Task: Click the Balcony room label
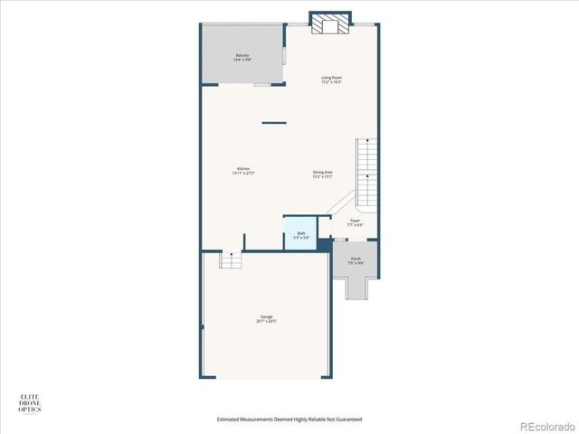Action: pos(242,55)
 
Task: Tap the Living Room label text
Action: pos(331,78)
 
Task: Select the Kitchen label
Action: pos(243,169)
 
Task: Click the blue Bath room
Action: pos(300,233)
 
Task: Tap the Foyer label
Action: pos(356,220)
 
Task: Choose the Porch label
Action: pos(356,259)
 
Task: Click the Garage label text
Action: pos(267,316)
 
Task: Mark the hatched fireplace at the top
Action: pos(327,25)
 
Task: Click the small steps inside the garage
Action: pos(233,260)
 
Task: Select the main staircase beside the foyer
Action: pos(366,172)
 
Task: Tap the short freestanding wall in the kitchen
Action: pos(274,123)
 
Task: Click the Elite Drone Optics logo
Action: pos(30,402)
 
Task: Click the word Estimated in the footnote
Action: pos(230,420)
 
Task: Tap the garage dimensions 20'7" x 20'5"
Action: pos(267,321)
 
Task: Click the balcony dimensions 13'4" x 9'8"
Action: pos(242,60)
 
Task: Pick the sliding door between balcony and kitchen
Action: pos(261,85)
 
